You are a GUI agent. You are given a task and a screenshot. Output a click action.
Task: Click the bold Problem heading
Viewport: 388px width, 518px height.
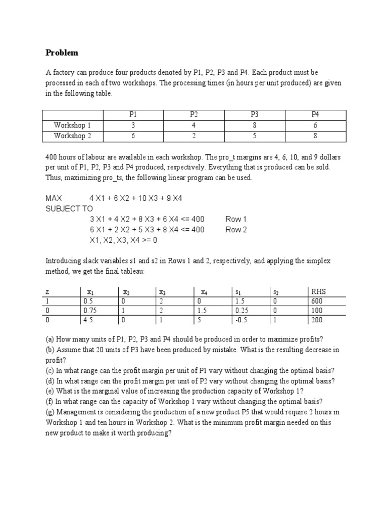pos(62,53)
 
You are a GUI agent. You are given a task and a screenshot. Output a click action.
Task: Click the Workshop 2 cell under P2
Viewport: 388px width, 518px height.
pos(194,136)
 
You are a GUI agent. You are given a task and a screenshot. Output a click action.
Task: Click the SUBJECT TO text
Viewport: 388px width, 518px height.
pos(70,208)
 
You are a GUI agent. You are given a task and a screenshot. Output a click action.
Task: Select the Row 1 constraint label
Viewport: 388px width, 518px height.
pos(236,219)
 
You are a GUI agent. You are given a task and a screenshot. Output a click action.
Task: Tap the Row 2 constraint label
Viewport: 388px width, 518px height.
pos(236,230)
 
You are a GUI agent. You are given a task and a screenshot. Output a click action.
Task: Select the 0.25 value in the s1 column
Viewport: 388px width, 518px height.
pos(242,311)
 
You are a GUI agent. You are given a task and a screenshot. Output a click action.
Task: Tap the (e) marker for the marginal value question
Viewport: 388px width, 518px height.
pos(50,392)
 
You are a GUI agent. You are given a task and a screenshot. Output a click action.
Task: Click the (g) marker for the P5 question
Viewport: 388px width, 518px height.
pos(50,412)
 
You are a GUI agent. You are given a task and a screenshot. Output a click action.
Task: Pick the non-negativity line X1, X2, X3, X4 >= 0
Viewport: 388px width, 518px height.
pos(124,240)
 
